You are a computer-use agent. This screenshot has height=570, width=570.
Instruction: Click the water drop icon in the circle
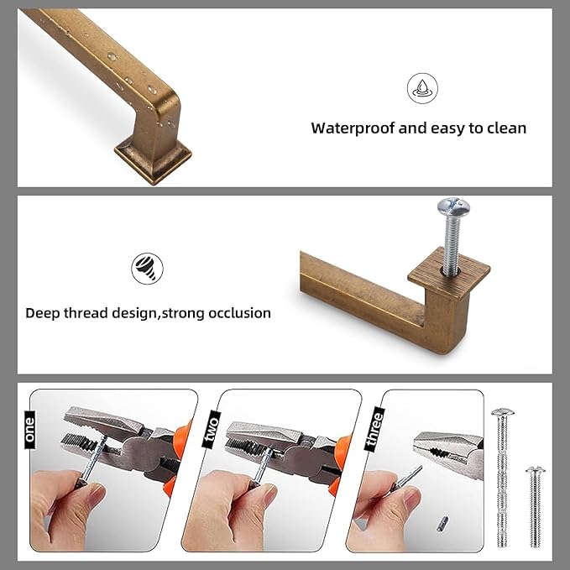[x=422, y=88]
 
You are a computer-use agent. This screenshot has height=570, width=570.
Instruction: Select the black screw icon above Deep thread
[x=147, y=269]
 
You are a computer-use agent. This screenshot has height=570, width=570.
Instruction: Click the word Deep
[x=44, y=313]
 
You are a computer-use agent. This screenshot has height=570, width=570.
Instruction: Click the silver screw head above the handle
[x=450, y=206]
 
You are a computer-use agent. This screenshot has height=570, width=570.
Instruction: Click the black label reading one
[x=31, y=428]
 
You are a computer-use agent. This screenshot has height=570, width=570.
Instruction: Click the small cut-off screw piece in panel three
[x=441, y=524]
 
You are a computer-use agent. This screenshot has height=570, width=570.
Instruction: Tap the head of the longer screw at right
[x=502, y=413]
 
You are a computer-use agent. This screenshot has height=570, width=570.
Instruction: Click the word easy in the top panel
[x=447, y=129]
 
